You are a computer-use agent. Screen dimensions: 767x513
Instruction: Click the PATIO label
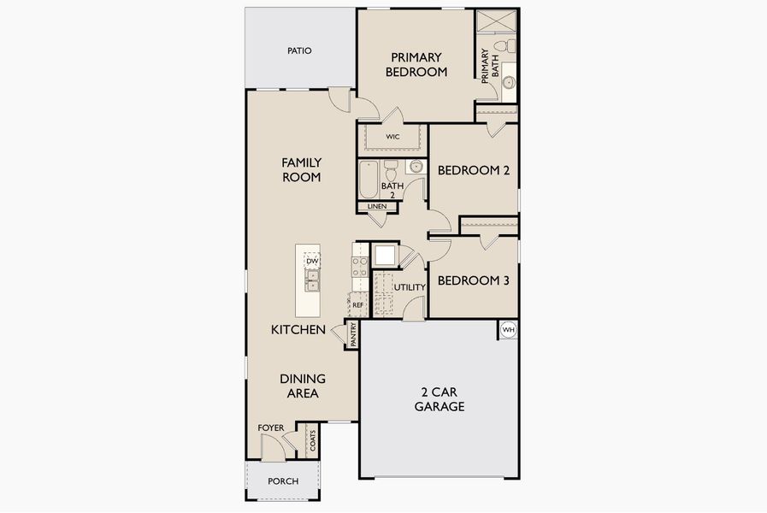(299, 50)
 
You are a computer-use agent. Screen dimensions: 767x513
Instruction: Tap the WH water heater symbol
(508, 330)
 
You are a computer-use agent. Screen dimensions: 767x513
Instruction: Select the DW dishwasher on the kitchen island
(312, 261)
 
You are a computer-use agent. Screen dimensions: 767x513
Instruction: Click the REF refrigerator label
(358, 304)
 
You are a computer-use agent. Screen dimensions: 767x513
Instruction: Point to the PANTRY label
(353, 334)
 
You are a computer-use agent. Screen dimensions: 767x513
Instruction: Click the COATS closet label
(313, 440)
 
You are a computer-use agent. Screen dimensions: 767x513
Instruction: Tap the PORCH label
(283, 481)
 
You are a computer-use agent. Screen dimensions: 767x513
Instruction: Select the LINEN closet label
(376, 206)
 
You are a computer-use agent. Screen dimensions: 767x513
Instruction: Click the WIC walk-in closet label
(392, 137)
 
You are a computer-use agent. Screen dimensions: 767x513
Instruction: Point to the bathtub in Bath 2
(369, 180)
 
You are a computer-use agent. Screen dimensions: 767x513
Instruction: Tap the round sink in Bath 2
(416, 167)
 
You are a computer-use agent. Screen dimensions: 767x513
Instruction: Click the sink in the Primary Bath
(508, 83)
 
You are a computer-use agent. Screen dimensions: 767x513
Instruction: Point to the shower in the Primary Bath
(496, 21)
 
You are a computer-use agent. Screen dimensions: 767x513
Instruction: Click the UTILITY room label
(410, 287)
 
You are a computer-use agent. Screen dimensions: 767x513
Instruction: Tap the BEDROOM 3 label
(473, 280)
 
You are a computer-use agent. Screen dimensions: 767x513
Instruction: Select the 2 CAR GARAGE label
(440, 399)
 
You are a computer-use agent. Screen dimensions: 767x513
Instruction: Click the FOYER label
(270, 427)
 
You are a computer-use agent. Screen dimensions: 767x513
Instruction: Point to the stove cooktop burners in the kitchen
(360, 267)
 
